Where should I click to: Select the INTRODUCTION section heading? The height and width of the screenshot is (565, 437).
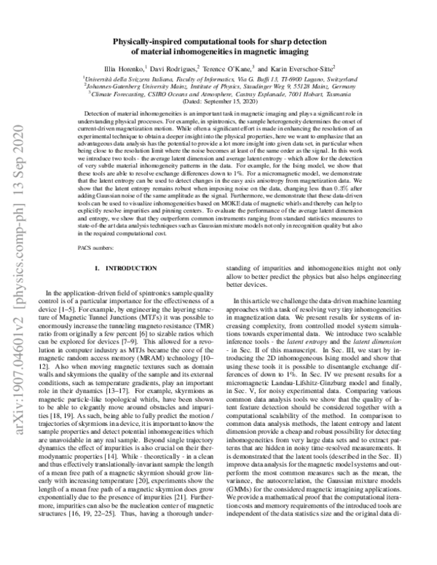pos(127,269)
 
